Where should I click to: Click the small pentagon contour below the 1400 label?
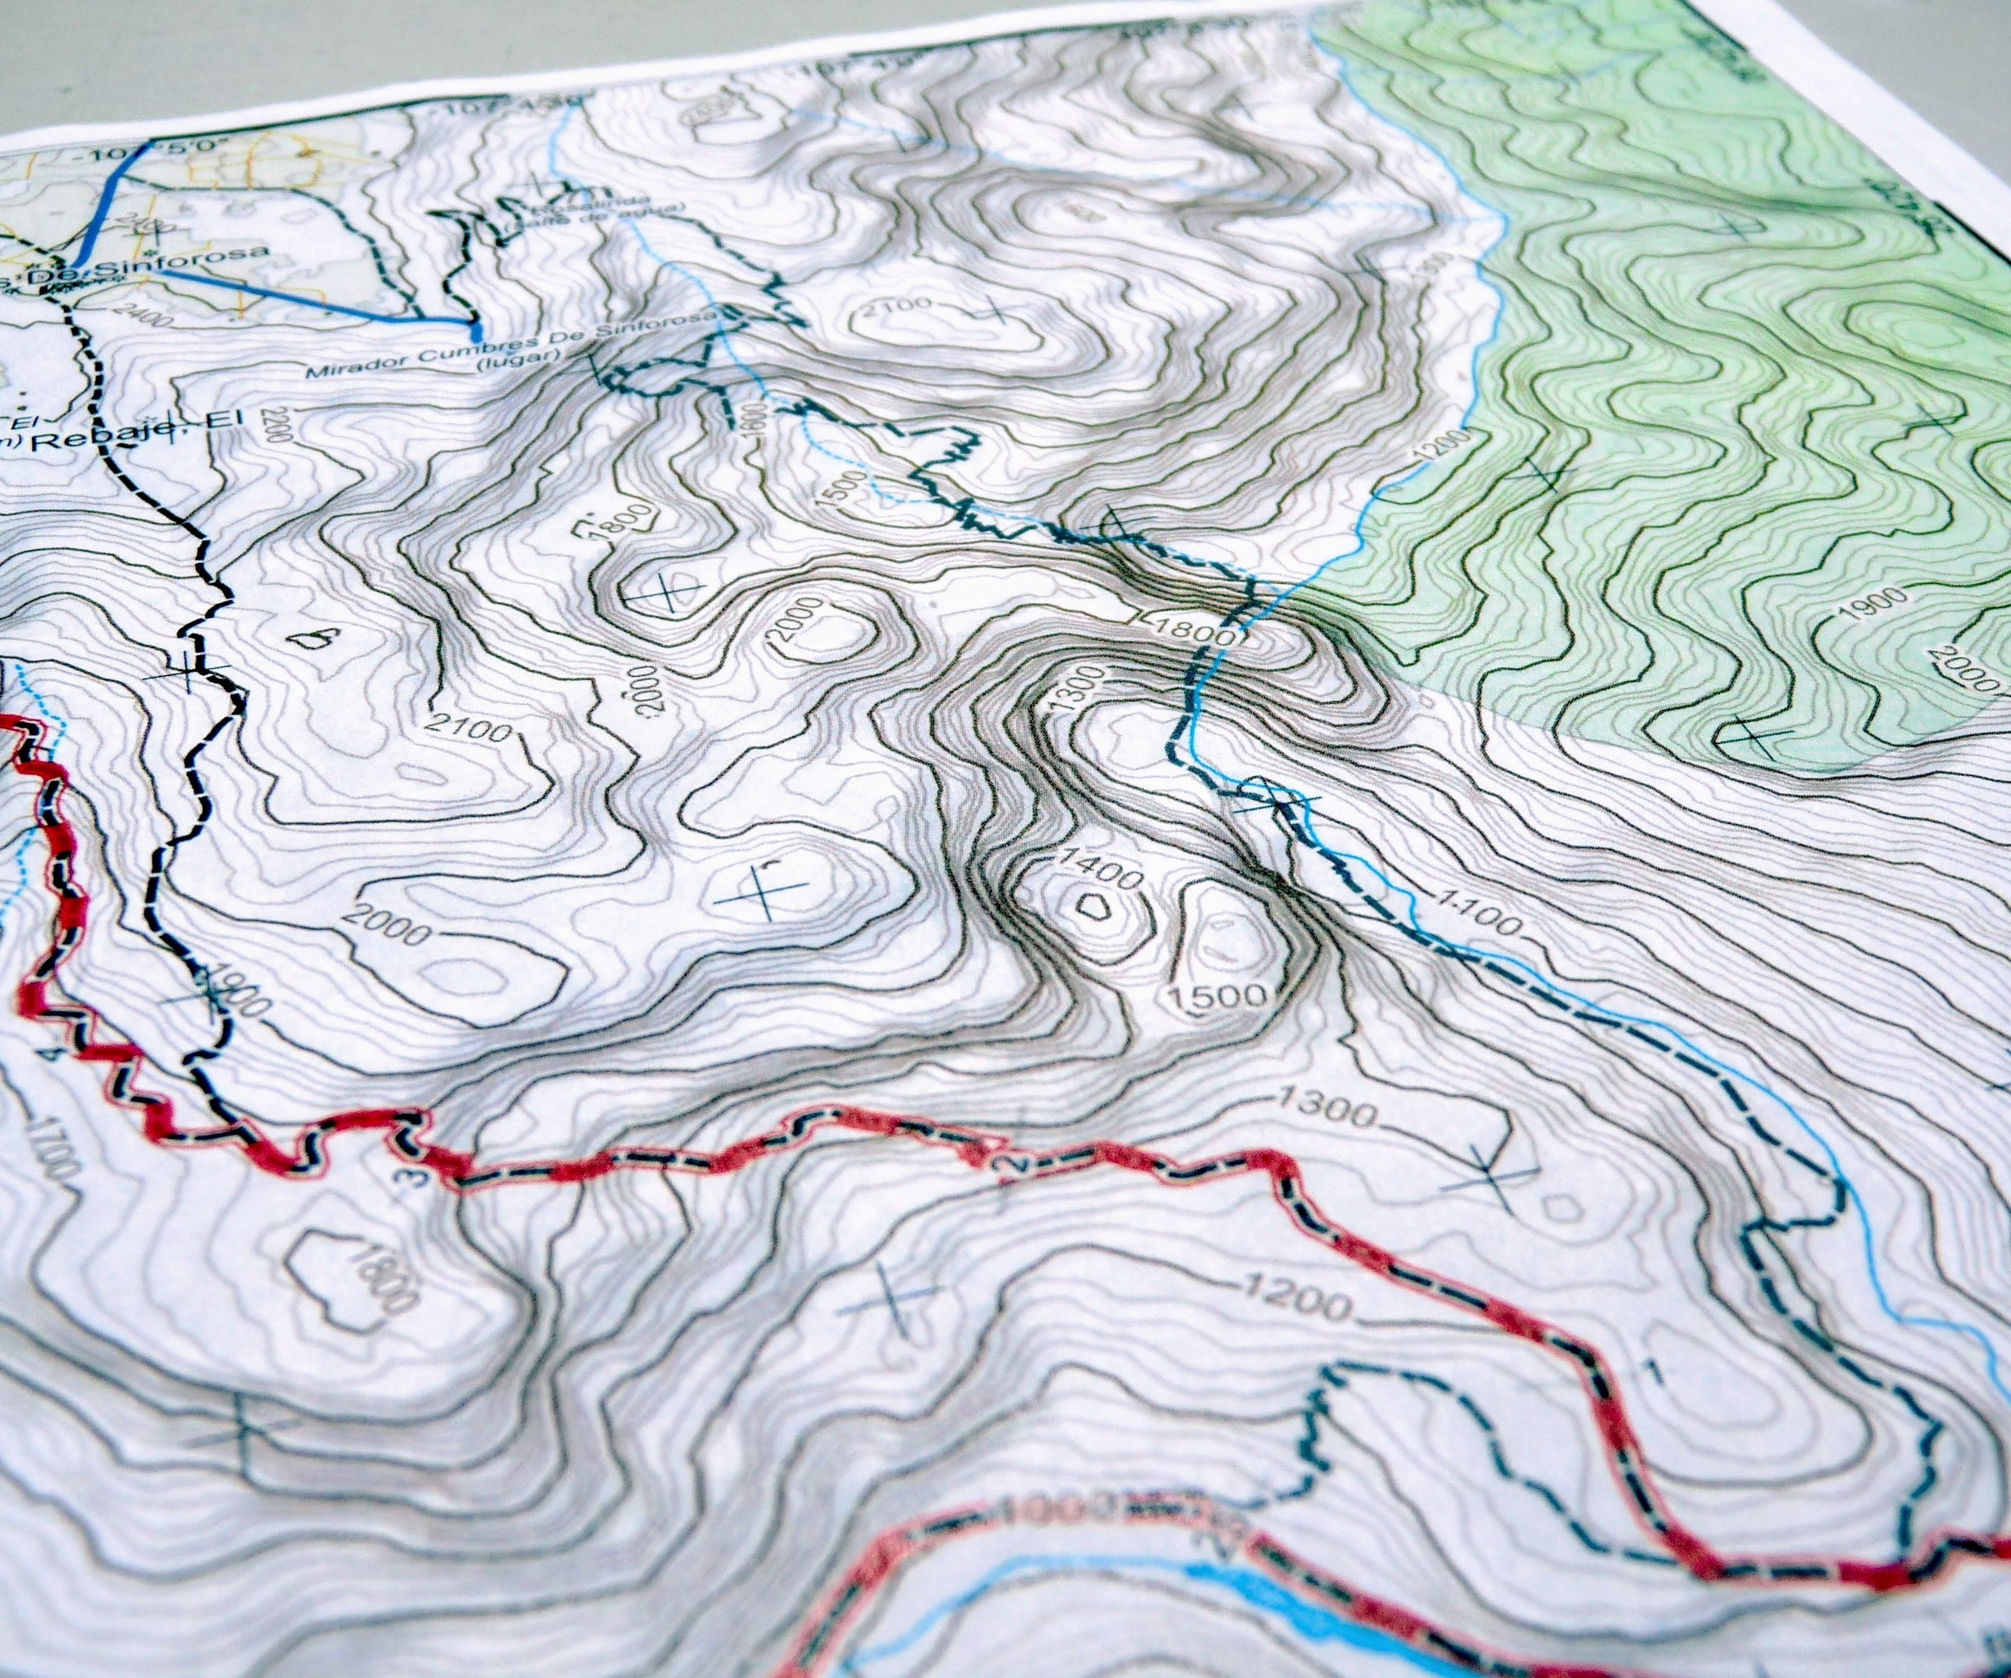pyautogui.click(x=1092, y=905)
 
